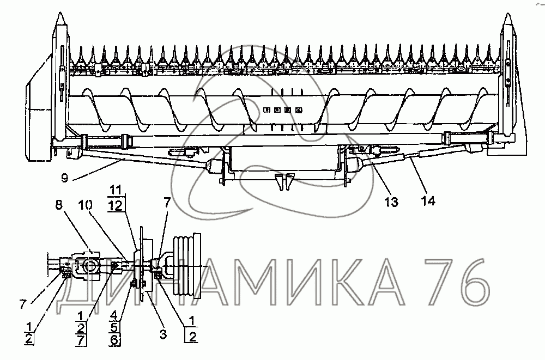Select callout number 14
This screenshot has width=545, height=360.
click(x=428, y=202)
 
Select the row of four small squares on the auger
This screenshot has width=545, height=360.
click(x=282, y=110)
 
